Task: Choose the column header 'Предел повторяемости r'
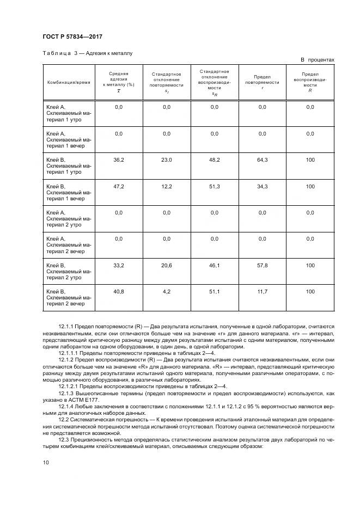pyautogui.click(x=262, y=82)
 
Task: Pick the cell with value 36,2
pyautogui.click(x=119, y=160)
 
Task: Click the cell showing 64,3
pyautogui.click(x=262, y=160)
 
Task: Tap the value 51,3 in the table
pyautogui.click(x=214, y=186)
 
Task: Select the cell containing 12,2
pyautogui.click(x=167, y=186)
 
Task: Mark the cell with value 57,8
pyautogui.click(x=262, y=265)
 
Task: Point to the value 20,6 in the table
pyautogui.click(x=167, y=265)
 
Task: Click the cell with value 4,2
pyautogui.click(x=167, y=291)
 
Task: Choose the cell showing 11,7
pyautogui.click(x=262, y=291)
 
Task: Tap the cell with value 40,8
pyautogui.click(x=119, y=291)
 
